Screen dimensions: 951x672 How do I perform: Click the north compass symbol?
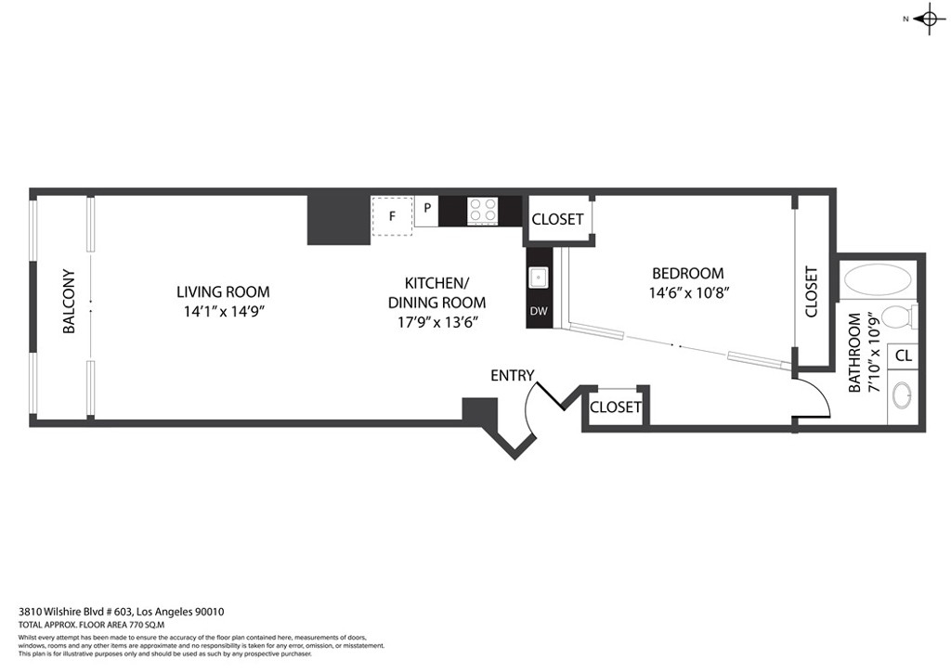point(929,19)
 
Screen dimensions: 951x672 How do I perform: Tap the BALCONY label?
point(69,301)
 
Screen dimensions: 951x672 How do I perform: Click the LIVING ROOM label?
point(223,291)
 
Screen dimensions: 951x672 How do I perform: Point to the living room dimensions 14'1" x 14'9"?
point(225,312)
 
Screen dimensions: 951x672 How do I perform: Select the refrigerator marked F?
point(392,215)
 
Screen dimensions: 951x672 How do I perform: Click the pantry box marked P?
point(427,212)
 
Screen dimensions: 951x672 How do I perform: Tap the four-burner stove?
point(483,211)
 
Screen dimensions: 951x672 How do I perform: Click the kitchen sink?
point(538,278)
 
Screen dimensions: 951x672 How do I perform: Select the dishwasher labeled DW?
point(539,312)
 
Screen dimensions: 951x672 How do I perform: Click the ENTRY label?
point(513,376)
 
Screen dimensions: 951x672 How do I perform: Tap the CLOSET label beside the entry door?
point(616,407)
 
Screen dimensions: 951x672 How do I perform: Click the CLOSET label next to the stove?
point(557,219)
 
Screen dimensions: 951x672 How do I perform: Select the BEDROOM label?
point(688,273)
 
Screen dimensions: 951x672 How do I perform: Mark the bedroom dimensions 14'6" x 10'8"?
point(688,292)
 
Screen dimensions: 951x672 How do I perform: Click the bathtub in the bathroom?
point(878,280)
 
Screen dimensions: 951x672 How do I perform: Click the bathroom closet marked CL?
point(903,355)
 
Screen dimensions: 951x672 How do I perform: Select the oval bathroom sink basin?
point(902,397)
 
